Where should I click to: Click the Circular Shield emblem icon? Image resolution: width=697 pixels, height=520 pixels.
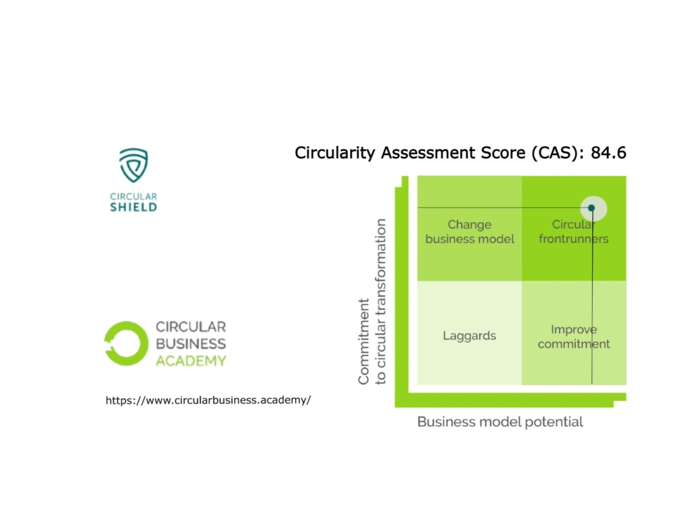pyautogui.click(x=133, y=166)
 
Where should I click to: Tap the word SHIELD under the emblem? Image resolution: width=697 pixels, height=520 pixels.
pyautogui.click(x=133, y=207)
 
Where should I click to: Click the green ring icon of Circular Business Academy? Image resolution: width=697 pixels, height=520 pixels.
pyautogui.click(x=126, y=343)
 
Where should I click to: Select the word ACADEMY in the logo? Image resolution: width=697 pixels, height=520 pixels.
pyautogui.click(x=191, y=361)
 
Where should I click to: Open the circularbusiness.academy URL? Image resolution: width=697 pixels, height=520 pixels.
pyautogui.click(x=208, y=400)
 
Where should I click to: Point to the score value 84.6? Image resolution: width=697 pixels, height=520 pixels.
pyautogui.click(x=608, y=153)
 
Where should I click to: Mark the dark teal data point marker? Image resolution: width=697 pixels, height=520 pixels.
pyautogui.click(x=591, y=208)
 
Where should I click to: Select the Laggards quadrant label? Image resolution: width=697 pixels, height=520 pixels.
pyautogui.click(x=470, y=336)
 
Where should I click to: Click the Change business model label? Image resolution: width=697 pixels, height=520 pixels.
pyautogui.click(x=470, y=232)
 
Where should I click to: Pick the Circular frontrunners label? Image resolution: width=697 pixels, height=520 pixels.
pyautogui.click(x=573, y=232)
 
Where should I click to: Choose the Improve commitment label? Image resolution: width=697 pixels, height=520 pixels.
pyautogui.click(x=573, y=337)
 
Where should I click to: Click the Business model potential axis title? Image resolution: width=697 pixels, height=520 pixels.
pyautogui.click(x=500, y=422)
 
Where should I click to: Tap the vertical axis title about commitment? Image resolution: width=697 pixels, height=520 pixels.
pyautogui.click(x=372, y=302)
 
